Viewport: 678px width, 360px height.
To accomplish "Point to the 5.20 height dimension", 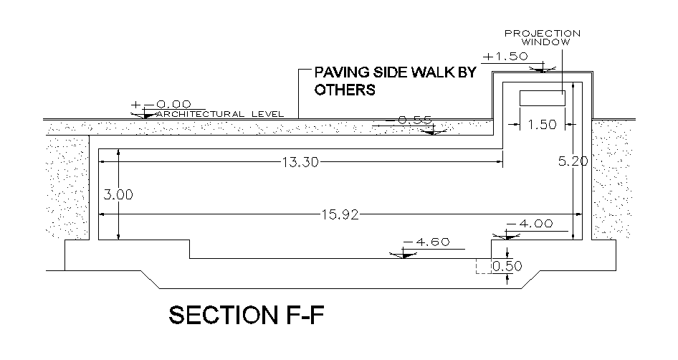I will tap(573, 161).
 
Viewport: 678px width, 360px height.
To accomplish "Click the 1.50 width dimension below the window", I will tap(542, 125).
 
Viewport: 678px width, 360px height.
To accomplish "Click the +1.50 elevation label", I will tap(506, 56).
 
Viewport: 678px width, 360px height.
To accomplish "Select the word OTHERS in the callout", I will tap(345, 91).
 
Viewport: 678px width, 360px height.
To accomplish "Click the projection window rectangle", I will tap(542, 98).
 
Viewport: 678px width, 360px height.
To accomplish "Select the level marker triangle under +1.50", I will tap(543, 69).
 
